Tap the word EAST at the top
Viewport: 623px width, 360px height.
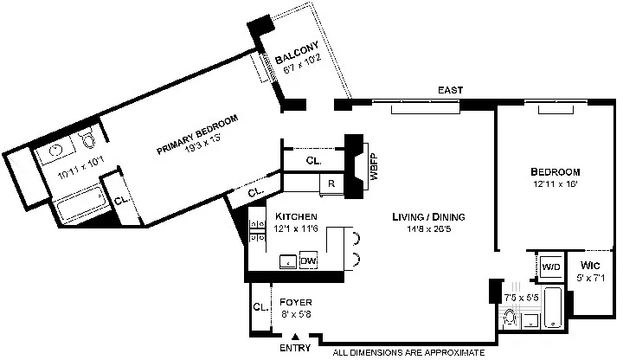pos(450,90)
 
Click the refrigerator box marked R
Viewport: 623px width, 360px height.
pos(330,183)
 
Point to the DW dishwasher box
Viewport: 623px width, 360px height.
pos(309,260)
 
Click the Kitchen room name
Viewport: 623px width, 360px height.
pos(296,215)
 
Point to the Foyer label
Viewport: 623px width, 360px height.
pos(295,302)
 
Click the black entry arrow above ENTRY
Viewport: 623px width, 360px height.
pos(296,337)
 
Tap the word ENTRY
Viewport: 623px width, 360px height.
pos(296,349)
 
